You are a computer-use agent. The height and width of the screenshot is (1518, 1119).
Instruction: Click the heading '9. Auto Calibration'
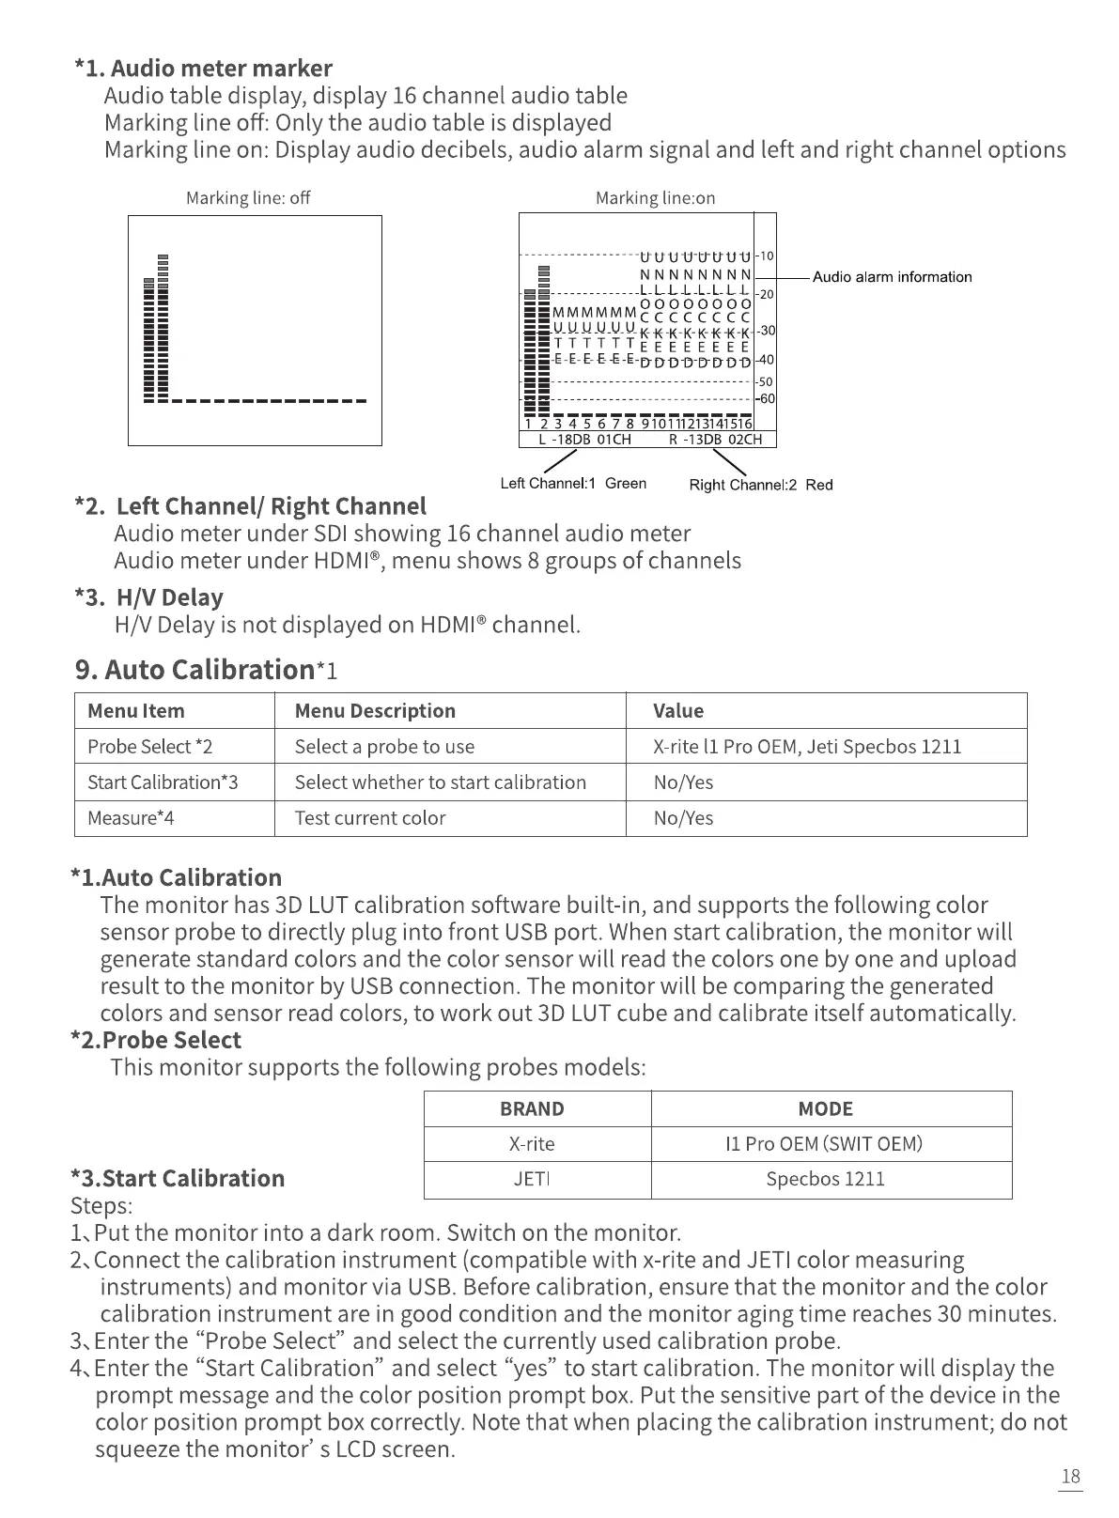pos(194,670)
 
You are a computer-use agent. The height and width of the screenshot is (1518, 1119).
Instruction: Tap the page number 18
pos(1070,1477)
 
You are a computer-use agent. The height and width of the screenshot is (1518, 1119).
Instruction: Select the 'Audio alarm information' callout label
pos(892,277)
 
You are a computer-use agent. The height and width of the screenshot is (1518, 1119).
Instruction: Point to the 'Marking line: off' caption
pos(248,198)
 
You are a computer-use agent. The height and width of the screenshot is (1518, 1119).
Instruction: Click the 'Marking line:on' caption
pos(655,198)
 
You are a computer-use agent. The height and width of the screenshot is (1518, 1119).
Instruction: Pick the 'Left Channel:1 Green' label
pos(573,484)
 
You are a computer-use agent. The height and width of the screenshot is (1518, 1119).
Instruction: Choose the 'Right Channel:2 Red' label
pos(761,485)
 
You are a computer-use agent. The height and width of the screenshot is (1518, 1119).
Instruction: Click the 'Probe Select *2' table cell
pos(150,747)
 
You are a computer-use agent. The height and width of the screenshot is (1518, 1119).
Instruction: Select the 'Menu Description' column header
pos(375,711)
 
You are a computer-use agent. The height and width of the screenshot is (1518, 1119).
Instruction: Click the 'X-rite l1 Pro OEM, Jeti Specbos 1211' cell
pos(807,747)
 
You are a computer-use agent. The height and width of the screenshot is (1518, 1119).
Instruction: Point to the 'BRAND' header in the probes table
pos(532,1109)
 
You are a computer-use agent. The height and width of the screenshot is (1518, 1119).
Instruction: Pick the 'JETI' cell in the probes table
pos(532,1180)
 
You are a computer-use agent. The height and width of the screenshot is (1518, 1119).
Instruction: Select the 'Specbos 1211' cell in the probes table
pos(825,1180)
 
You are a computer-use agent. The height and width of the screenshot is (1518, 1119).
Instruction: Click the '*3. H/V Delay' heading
pos(148,597)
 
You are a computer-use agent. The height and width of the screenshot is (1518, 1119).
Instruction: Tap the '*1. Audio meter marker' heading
pos(203,69)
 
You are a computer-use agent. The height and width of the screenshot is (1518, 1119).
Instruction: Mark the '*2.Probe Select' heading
pos(156,1040)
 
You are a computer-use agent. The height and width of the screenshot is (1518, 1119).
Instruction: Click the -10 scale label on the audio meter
pos(766,256)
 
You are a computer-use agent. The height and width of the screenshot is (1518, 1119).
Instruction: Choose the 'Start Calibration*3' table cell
pos(163,782)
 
